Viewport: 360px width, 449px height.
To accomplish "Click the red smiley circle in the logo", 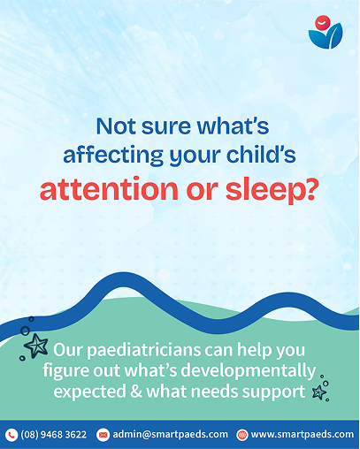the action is [323, 23].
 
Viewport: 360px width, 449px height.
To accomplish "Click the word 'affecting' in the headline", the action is [113, 155].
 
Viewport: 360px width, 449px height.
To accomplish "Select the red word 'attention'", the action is [109, 188].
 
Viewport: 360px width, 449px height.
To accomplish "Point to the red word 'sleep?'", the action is [272, 190].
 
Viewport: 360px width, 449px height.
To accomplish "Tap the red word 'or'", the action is [202, 191].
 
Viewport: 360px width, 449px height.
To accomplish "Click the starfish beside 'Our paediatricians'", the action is [36, 346].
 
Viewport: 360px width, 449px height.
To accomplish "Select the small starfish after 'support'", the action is [319, 392].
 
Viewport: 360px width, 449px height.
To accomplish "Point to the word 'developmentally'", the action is [248, 371].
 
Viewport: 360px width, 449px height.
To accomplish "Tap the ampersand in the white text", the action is [136, 392].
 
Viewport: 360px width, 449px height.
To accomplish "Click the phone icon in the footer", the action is [11, 435].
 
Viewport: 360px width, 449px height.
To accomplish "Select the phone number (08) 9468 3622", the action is [53, 435].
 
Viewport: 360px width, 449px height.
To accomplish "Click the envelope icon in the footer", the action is [103, 435].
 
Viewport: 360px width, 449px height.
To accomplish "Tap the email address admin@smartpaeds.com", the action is [171, 435].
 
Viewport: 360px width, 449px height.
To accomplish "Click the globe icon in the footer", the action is [242, 435].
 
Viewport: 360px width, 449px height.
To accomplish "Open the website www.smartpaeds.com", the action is [303, 435].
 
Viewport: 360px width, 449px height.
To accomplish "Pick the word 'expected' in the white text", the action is [89, 392].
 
